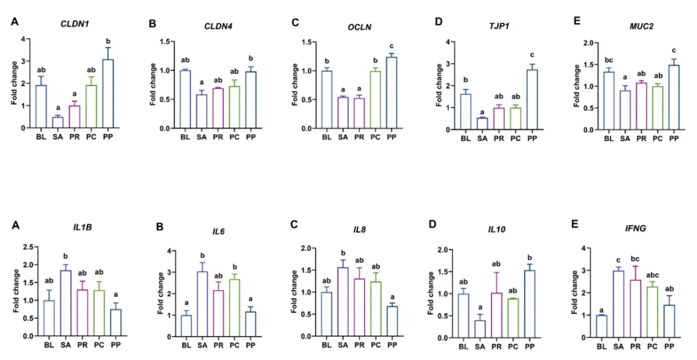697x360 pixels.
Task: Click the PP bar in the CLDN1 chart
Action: pos(108,94)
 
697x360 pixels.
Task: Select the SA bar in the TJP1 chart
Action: pos(482,124)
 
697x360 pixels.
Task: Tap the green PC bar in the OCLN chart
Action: pos(375,99)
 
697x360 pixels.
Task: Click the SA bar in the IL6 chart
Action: pos(202,304)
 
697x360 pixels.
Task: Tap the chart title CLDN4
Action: pos(218,26)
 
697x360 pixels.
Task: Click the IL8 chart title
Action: pos(361,229)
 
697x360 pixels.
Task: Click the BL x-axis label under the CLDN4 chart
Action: pos(185,137)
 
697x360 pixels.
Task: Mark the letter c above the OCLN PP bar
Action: pos(391,46)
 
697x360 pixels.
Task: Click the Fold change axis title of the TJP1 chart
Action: pos(439,85)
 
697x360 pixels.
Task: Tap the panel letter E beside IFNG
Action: pos(575,224)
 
